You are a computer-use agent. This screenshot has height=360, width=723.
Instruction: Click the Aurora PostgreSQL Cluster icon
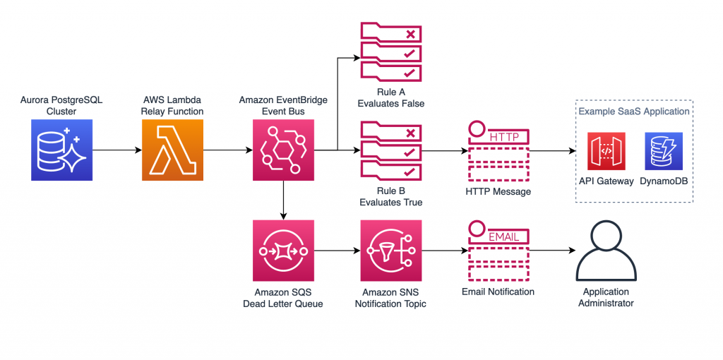tap(61, 150)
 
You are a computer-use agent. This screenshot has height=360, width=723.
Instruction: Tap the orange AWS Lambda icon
tap(172, 150)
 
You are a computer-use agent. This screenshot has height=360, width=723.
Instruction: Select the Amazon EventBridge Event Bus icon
tap(283, 150)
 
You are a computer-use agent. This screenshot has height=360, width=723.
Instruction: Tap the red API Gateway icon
tap(607, 151)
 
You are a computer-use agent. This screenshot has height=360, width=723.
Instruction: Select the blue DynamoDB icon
tap(662, 151)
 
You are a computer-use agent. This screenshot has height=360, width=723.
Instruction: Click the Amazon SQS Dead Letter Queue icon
tap(283, 251)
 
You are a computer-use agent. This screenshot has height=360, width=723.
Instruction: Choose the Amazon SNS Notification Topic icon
tap(391, 251)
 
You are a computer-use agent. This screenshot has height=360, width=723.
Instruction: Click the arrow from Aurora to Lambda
tap(116, 150)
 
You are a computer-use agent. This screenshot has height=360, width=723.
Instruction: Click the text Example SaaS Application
tap(634, 112)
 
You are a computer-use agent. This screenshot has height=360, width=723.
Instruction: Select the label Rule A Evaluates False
tap(391, 98)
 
